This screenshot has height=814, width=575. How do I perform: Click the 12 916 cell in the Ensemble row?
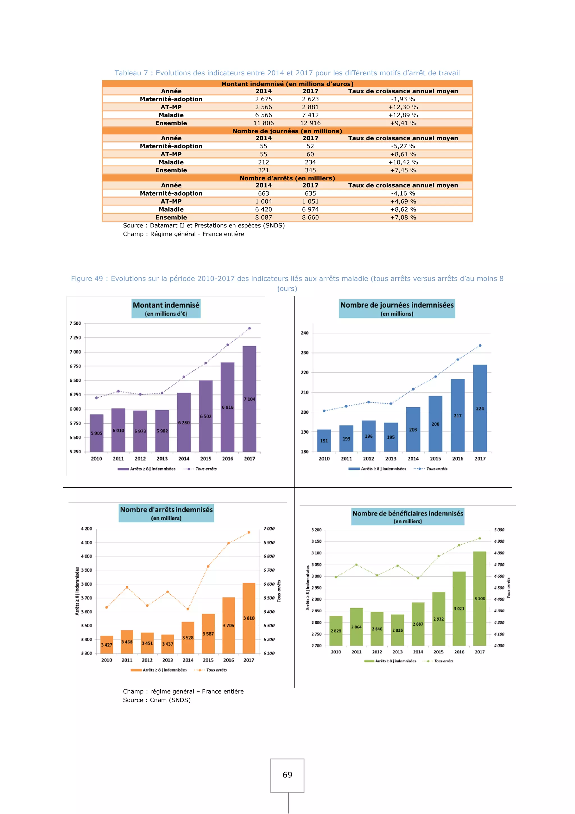click(310, 123)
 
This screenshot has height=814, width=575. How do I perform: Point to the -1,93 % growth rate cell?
click(403, 99)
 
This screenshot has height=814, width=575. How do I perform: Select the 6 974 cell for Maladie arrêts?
click(310, 209)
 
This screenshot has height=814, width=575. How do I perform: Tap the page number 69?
click(287, 775)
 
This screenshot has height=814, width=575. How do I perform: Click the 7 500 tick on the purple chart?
click(75, 323)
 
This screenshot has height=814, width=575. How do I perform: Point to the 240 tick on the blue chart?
click(305, 333)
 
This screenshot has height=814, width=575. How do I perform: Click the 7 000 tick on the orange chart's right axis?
click(269, 529)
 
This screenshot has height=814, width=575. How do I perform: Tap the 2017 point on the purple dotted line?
click(250, 328)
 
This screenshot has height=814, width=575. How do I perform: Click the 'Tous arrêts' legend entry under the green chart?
click(443, 661)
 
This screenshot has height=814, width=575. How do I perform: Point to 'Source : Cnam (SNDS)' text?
click(157, 700)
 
